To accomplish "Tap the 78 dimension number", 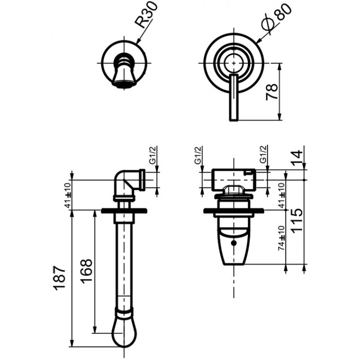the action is [x=272, y=92].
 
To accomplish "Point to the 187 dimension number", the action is [x=60, y=278].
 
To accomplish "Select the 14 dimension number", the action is [x=297, y=157].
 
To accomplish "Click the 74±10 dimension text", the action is [x=282, y=238].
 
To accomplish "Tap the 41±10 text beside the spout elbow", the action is [x=68, y=194].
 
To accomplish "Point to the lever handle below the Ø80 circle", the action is [x=234, y=97].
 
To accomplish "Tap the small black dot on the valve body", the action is [x=234, y=243].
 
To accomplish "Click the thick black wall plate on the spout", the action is [x=124, y=210].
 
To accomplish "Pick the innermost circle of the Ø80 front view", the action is [x=234, y=63].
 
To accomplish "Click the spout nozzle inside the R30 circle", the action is [x=124, y=71].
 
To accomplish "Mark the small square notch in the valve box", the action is [x=248, y=172].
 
